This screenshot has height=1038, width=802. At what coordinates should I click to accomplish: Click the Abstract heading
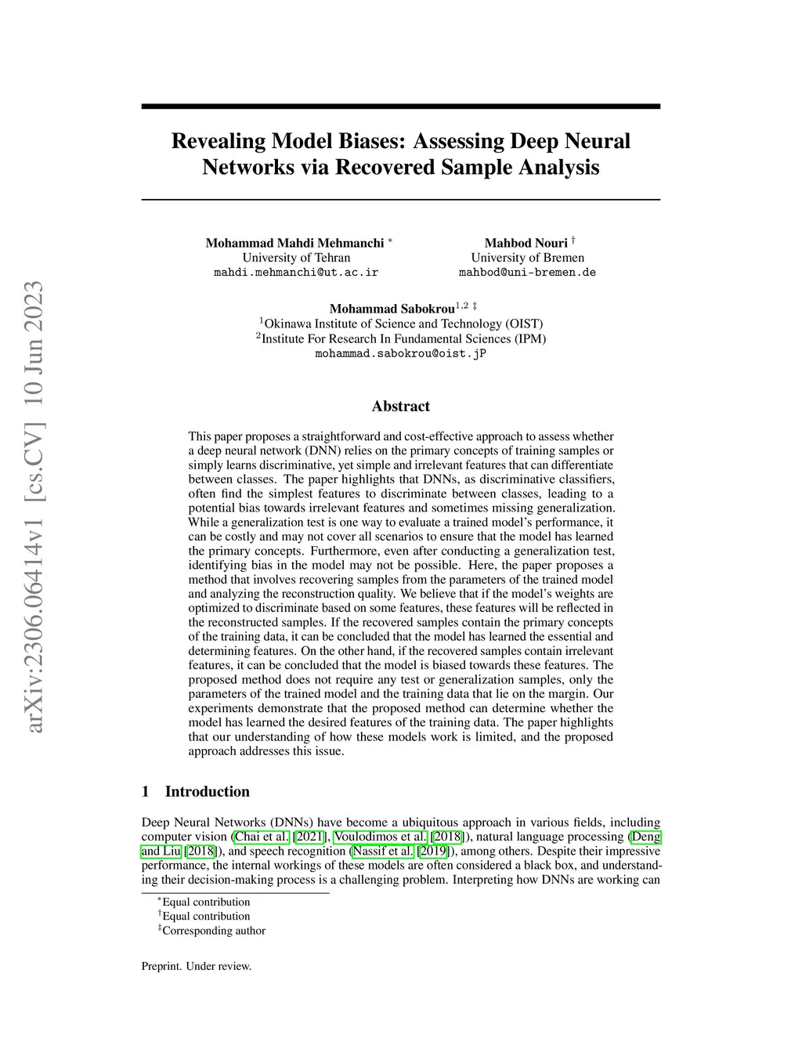[400, 406]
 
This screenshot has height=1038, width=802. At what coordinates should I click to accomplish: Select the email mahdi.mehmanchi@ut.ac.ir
[296, 273]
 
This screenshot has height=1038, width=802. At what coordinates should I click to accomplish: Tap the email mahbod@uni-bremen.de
[527, 273]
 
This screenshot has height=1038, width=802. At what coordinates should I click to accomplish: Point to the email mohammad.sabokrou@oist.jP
[400, 353]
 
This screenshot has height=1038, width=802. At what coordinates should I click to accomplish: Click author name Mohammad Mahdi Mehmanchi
[294, 243]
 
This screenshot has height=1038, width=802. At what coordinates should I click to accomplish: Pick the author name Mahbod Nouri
[526, 243]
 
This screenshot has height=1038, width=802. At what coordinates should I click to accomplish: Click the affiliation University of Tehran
[296, 258]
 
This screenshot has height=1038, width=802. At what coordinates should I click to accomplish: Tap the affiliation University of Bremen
[527, 258]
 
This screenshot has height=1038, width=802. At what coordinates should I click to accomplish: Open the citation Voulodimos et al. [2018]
[398, 837]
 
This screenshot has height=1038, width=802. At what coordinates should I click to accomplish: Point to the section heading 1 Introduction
[196, 791]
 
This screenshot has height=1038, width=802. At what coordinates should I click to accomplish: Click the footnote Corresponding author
[214, 931]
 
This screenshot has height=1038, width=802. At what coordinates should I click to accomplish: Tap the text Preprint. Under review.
[197, 966]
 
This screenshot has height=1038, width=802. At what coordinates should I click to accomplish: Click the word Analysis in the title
[558, 168]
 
